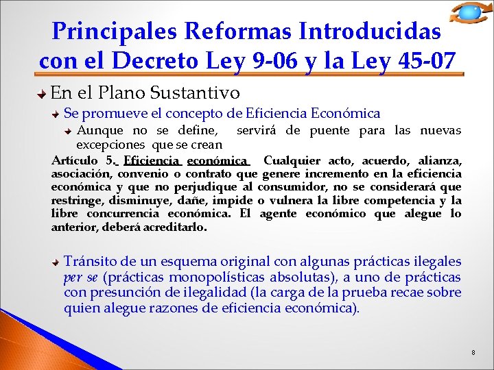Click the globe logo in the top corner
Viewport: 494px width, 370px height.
(469, 12)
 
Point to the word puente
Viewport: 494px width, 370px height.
(346, 130)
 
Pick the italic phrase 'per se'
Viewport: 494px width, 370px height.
(81, 277)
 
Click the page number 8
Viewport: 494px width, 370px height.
(473, 352)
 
